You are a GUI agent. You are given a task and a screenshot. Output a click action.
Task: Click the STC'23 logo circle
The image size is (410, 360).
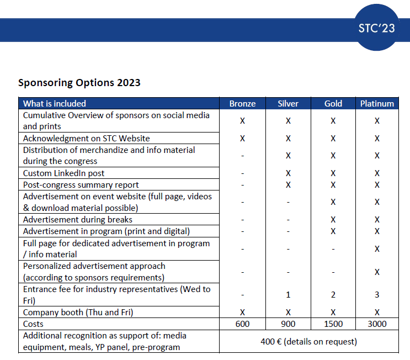(376, 28)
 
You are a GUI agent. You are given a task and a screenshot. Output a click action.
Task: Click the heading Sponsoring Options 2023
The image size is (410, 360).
(79, 83)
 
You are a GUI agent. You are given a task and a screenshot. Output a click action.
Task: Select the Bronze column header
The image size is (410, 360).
(242, 104)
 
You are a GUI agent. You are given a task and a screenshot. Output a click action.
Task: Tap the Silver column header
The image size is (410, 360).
(288, 104)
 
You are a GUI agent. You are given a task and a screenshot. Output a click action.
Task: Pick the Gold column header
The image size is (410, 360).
(333, 104)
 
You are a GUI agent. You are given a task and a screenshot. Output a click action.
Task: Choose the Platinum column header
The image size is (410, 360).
(377, 104)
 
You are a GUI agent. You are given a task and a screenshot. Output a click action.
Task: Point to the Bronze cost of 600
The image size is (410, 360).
(242, 324)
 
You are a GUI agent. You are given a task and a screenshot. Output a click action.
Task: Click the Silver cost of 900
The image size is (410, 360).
(288, 324)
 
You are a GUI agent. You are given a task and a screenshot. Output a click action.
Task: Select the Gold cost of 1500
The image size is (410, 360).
(333, 324)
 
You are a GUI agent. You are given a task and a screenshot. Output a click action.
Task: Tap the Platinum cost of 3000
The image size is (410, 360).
(377, 324)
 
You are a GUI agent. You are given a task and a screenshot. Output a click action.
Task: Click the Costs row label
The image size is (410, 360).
(33, 324)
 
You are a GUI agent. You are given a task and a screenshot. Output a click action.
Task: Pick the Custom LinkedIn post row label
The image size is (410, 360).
(63, 173)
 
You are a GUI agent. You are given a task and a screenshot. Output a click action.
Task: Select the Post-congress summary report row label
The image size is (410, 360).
(81, 185)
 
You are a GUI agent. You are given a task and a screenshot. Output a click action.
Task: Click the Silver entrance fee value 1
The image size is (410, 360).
(288, 295)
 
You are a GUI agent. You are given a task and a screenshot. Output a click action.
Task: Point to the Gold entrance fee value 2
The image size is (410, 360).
(333, 295)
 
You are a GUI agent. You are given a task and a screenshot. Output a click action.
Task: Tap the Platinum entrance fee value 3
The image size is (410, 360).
(377, 295)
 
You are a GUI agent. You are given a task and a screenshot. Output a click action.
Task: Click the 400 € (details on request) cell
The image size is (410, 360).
(309, 342)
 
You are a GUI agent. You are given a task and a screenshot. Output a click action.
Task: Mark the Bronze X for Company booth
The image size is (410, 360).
(242, 313)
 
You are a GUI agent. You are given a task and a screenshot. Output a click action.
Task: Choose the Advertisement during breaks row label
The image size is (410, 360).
(78, 220)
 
